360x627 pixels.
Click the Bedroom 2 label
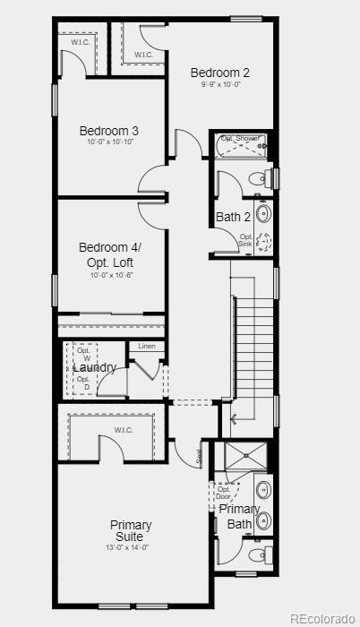[x=219, y=73]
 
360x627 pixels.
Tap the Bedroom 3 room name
[x=108, y=131]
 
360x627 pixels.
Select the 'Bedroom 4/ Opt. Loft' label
[x=109, y=253]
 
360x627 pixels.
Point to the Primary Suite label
[x=131, y=530]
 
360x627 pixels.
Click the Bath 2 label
[x=233, y=217]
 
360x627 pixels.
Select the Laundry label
[x=94, y=367]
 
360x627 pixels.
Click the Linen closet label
[x=146, y=346]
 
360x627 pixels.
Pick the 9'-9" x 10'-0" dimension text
[x=220, y=85]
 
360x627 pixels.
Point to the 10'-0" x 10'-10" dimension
[x=110, y=142]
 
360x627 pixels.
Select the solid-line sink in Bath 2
[x=263, y=213]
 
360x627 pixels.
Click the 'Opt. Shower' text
[x=240, y=139]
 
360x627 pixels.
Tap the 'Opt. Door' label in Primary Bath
[x=223, y=493]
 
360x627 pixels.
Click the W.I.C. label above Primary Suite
[x=124, y=430]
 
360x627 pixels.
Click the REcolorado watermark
[x=322, y=618]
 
